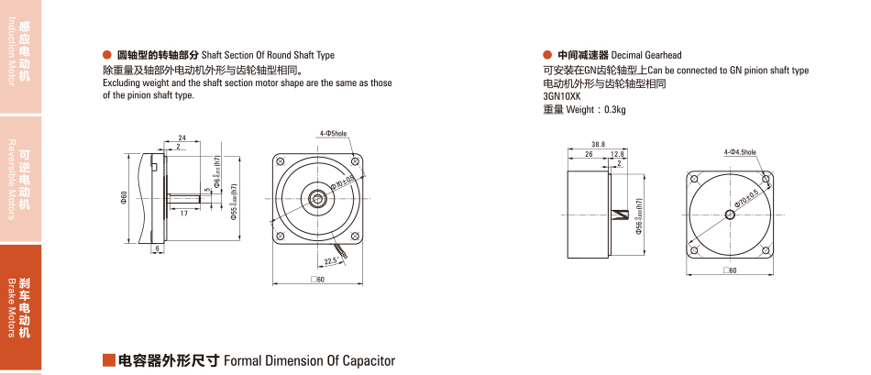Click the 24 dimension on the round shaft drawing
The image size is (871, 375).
point(182,138)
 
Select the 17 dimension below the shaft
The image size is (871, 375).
point(184,213)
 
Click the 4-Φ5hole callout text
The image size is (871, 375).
point(333,134)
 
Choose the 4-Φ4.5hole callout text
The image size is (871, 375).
point(740,151)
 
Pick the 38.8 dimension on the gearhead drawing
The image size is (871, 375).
point(598,144)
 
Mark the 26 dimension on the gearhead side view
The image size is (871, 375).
point(588,154)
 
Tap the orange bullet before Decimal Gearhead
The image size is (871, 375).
point(547,55)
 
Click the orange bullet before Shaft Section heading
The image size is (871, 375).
point(107,55)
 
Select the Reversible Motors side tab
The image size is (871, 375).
point(20,179)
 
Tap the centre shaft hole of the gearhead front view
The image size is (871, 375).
point(731,215)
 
